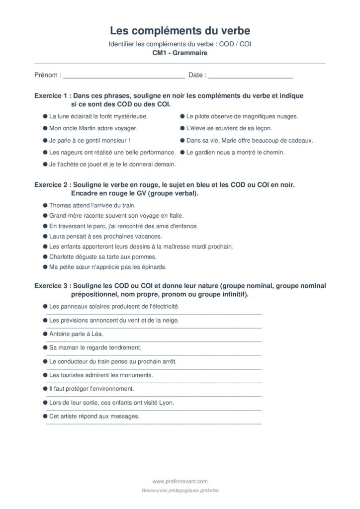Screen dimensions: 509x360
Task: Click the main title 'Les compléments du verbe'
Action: (180, 31)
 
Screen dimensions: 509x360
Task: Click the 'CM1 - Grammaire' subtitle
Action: (180, 53)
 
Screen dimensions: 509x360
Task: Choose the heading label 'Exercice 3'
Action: (50, 286)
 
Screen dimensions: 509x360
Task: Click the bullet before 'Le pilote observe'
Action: (182, 116)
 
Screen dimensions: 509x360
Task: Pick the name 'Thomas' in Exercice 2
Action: (60, 205)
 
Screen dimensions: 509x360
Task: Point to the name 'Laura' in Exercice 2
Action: (57, 236)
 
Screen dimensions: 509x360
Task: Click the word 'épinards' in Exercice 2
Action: (155, 267)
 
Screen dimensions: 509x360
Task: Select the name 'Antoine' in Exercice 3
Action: (60, 334)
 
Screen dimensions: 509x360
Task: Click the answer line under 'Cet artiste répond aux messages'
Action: (154, 423)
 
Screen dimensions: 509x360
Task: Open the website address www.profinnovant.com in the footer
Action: (180, 481)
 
